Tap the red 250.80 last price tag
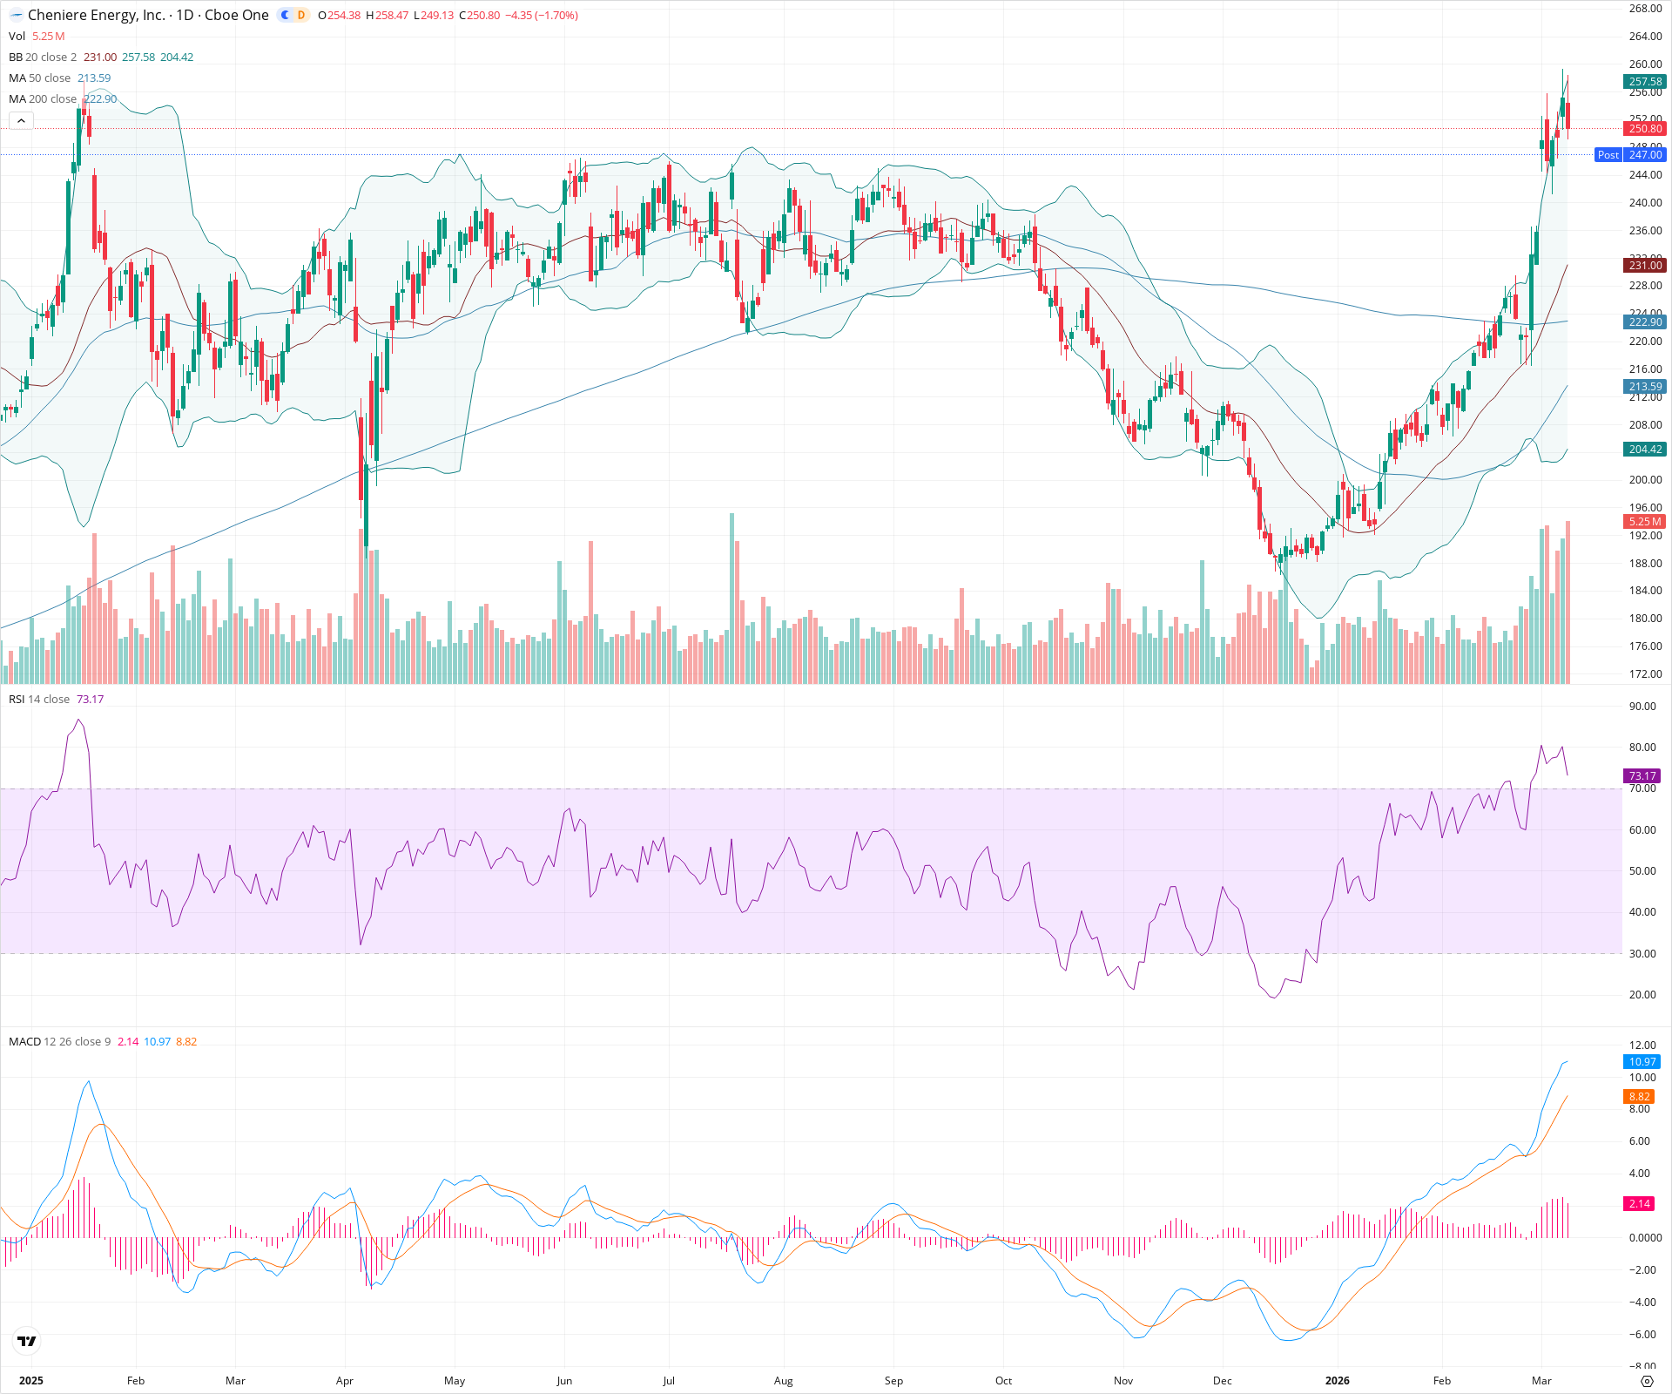tap(1645, 129)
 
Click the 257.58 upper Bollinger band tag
tap(1645, 82)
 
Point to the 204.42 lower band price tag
tap(1645, 450)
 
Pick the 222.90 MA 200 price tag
tap(1645, 322)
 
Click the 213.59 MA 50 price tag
tap(1645, 387)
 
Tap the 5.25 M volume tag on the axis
tap(1645, 522)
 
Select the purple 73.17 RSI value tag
tap(1642, 776)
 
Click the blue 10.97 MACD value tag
tap(1642, 1062)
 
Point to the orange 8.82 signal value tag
tap(1640, 1097)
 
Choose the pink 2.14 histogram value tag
tap(1640, 1204)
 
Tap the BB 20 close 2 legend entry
tap(43, 58)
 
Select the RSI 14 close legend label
tap(39, 700)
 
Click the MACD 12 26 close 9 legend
tap(59, 1042)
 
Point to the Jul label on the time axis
tap(669, 1381)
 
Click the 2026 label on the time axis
tap(1337, 1381)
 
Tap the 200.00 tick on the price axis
tap(1645, 480)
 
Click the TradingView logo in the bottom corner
tap(27, 1341)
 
